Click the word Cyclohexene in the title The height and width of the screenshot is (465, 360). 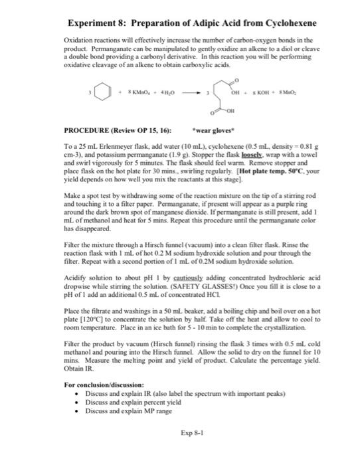point(282,23)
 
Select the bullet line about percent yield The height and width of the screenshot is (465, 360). point(127,403)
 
